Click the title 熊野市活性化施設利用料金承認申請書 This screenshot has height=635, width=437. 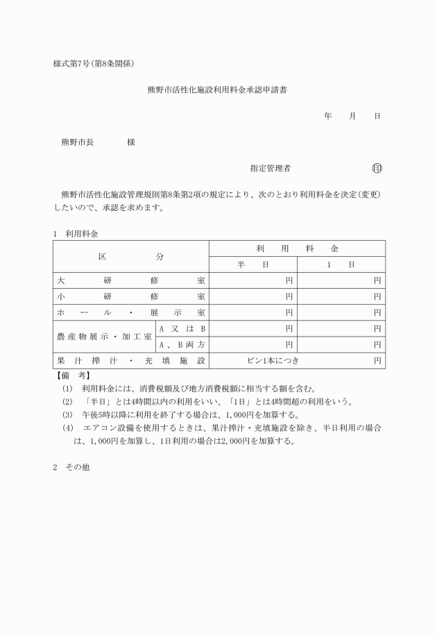[217, 90]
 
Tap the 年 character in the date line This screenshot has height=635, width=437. [327, 116]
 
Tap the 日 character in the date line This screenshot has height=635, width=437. [377, 116]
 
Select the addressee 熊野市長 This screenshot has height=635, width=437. [78, 142]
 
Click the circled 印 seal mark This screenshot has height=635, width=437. [377, 168]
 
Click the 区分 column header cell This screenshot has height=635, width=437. [131, 256]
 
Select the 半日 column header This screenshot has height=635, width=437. [252, 264]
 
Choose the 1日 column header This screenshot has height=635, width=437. [341, 264]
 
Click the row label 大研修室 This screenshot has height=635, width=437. [131, 281]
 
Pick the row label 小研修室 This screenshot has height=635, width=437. [131, 297]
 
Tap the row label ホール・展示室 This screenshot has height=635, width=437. [131, 313]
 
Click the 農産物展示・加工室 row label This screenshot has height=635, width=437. [105, 336]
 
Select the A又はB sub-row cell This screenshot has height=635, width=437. [182, 328]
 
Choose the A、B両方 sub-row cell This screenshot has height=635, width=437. [182, 344]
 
